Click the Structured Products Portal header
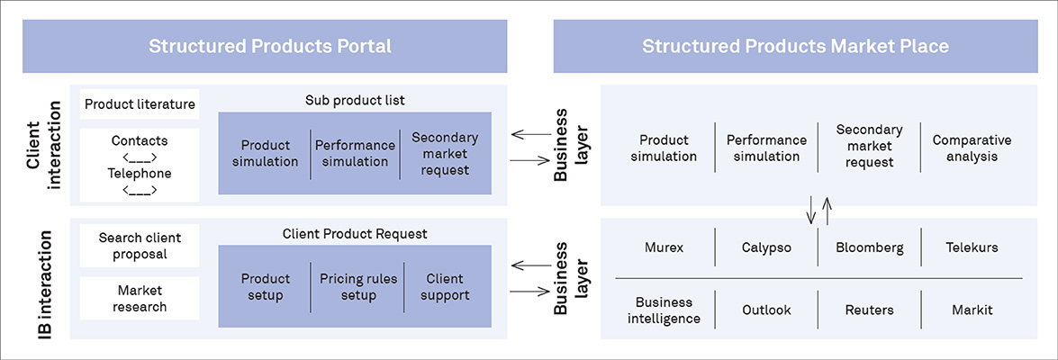[270, 46]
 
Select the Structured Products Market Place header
[795, 46]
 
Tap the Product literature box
[140, 104]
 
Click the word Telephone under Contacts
[140, 173]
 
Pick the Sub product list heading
[355, 99]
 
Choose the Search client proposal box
[140, 246]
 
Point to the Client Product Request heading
[355, 234]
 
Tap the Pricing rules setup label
[357, 287]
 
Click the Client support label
[448, 287]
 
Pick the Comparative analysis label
[972, 148]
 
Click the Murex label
[665, 247]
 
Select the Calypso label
[766, 247]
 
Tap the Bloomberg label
[869, 247]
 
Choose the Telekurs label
[972, 247]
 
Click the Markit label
[972, 310]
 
